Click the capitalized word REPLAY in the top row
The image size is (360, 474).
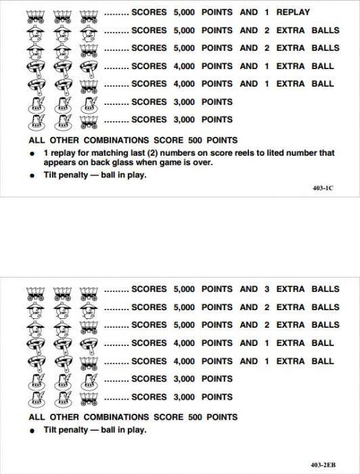(293, 12)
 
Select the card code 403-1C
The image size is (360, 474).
(323, 188)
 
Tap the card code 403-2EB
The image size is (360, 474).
(323, 465)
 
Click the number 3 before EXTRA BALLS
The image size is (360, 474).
(267, 289)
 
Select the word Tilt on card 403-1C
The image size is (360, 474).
(53, 175)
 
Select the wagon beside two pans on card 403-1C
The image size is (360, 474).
(88, 84)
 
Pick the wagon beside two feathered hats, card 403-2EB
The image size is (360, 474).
(88, 397)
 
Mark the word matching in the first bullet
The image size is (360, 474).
(105, 153)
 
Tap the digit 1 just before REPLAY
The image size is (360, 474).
(267, 12)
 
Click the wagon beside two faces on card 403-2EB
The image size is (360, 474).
(88, 326)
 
